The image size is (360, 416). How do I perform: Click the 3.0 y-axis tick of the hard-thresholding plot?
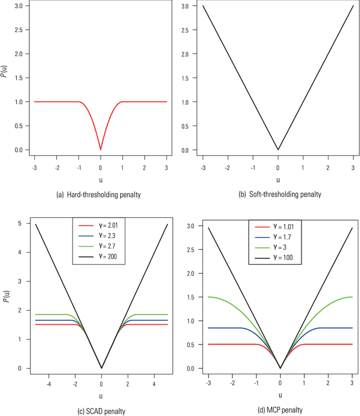pyautogui.click(x=19, y=6)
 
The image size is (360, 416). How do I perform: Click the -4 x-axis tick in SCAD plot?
pyautogui.click(x=49, y=384)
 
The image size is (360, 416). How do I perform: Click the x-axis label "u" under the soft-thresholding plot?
pyautogui.click(x=278, y=180)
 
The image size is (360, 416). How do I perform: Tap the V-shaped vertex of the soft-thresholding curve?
pyautogui.click(x=278, y=150)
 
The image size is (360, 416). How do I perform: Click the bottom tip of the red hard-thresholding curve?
pyautogui.click(x=101, y=150)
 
